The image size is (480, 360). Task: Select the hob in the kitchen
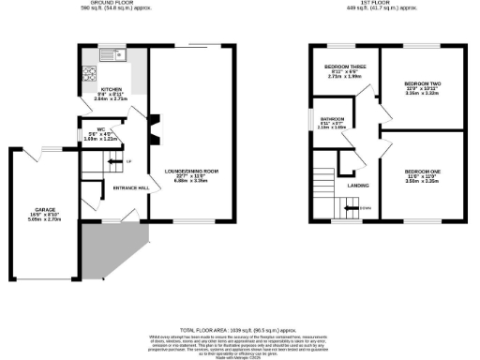click(x=91, y=70)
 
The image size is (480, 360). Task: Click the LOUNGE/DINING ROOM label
click(x=191, y=171)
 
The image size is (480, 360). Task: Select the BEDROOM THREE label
click(x=339, y=67)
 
